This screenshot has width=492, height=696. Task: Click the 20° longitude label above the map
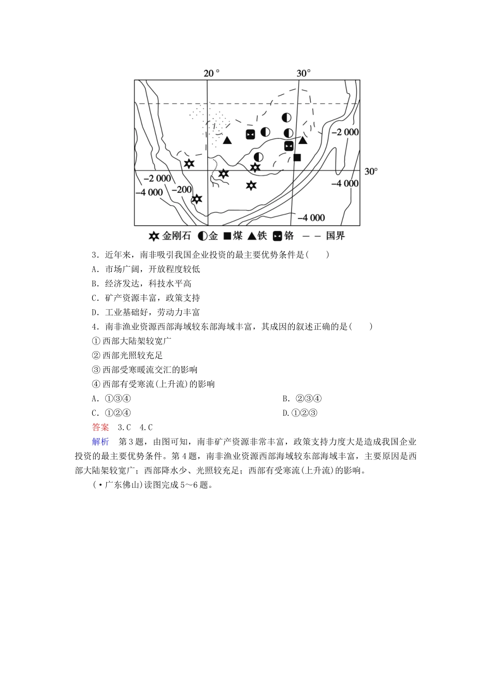pyautogui.click(x=211, y=73)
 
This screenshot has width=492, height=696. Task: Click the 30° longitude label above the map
pyautogui.click(x=303, y=73)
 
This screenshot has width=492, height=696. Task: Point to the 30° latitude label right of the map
pyautogui.click(x=371, y=171)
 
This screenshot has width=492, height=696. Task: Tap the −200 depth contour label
pyautogui.click(x=182, y=190)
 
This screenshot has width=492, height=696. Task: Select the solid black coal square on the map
pyautogui.click(x=297, y=157)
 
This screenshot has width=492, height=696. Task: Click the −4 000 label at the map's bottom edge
pyautogui.click(x=311, y=218)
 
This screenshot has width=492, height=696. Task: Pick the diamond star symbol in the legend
pyautogui.click(x=153, y=237)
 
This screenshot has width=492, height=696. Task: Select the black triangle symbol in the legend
pyautogui.click(x=252, y=237)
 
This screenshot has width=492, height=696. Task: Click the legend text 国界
pyautogui.click(x=335, y=236)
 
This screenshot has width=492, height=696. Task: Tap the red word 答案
pyautogui.click(x=100, y=427)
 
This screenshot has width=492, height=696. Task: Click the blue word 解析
pyautogui.click(x=100, y=442)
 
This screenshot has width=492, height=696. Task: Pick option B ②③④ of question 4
pyautogui.click(x=302, y=398)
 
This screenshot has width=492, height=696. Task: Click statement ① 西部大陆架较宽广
pyautogui.click(x=132, y=341)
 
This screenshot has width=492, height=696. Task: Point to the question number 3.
pyautogui.click(x=95, y=254)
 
